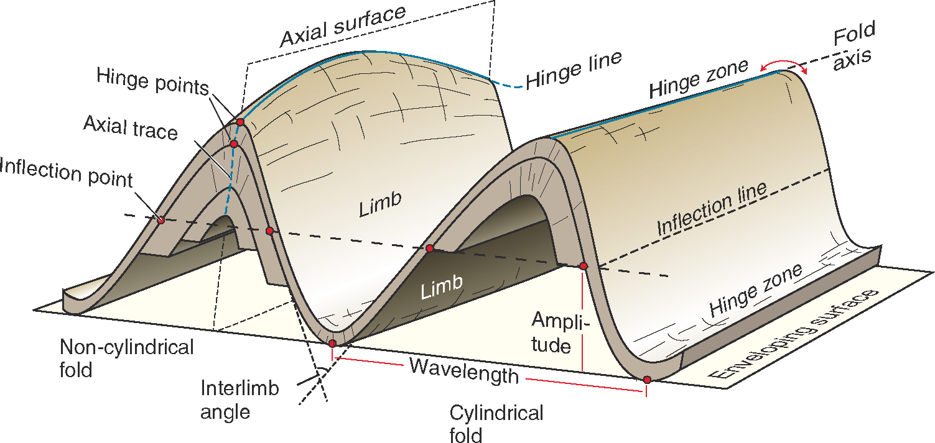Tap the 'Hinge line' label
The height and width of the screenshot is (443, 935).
(x=574, y=70)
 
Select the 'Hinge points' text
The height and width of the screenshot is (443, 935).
(x=152, y=82)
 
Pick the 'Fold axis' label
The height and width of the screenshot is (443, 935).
(x=854, y=43)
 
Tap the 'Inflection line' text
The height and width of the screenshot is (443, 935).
(x=712, y=209)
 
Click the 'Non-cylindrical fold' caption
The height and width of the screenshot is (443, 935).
(x=126, y=358)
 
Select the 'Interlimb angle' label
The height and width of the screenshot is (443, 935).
(x=239, y=400)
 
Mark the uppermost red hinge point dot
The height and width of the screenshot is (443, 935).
(x=240, y=122)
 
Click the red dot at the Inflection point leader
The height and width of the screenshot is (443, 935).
(x=160, y=219)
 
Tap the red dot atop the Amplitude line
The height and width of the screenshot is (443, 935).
(x=583, y=266)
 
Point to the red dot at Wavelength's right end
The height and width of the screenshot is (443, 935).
(x=647, y=379)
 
